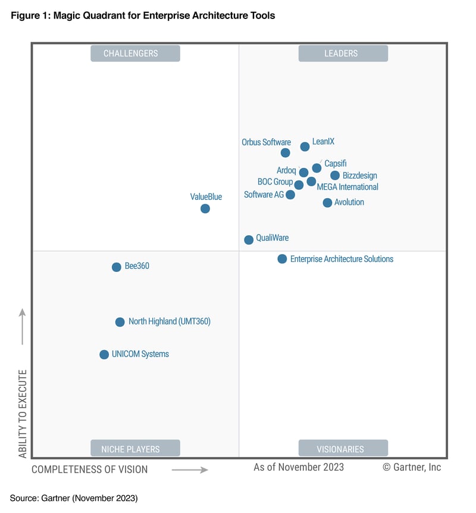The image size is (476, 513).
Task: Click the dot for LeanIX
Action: pyautogui.click(x=305, y=146)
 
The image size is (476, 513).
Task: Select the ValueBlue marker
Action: pyautogui.click(x=205, y=208)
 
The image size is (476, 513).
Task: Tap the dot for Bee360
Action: pyautogui.click(x=117, y=267)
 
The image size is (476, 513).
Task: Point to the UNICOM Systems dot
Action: pyautogui.click(x=104, y=355)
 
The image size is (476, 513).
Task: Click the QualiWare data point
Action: pyautogui.click(x=249, y=240)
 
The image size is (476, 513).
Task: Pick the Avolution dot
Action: pyautogui.click(x=327, y=203)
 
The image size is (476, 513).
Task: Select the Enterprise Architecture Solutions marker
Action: pyautogui.click(x=282, y=259)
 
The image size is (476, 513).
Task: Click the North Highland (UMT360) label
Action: pyautogui.click(x=170, y=321)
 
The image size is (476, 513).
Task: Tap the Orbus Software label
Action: pyautogui.click(x=266, y=142)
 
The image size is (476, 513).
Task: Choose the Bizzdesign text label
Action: pyautogui.click(x=359, y=176)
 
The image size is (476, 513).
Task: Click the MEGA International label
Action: pyautogui.click(x=347, y=187)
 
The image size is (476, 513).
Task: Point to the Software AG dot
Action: pyautogui.click(x=290, y=195)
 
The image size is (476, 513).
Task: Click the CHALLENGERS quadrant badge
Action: pyautogui.click(x=135, y=54)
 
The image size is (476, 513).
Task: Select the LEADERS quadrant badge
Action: pyautogui.click(x=343, y=54)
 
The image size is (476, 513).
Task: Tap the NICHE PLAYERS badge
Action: pyautogui.click(x=135, y=449)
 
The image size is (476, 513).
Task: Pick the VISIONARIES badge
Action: pyautogui.click(x=343, y=449)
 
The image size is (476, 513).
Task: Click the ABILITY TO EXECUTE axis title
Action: pyautogui.click(x=23, y=414)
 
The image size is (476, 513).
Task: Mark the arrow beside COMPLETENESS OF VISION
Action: pyautogui.click(x=190, y=470)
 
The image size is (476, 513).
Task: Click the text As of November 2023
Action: pyautogui.click(x=299, y=467)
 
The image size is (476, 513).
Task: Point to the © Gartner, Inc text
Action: pyautogui.click(x=412, y=467)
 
